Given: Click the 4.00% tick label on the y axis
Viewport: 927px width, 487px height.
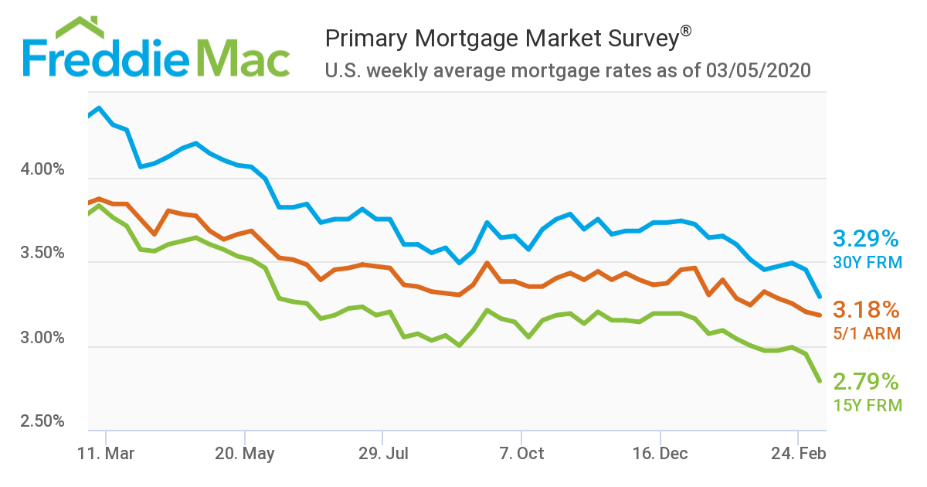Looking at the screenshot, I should [x=39, y=169].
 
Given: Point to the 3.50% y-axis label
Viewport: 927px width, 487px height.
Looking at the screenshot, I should [x=39, y=254].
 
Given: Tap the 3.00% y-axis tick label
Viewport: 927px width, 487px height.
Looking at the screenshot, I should [x=39, y=338].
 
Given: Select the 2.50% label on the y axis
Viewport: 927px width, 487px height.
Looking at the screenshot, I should [x=39, y=422].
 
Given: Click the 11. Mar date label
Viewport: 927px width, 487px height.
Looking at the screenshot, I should [x=106, y=454].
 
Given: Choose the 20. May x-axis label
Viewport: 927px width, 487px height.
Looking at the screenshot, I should [x=245, y=454].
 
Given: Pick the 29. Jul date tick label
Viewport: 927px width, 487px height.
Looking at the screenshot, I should [x=383, y=454].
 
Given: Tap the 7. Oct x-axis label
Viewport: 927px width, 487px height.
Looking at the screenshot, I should [x=521, y=454].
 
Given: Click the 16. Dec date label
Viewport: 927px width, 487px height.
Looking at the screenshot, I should [x=660, y=454].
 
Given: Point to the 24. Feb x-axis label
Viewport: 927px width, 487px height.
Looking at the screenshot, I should [x=799, y=454].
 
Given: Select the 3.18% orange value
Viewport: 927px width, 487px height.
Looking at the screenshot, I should [x=866, y=311].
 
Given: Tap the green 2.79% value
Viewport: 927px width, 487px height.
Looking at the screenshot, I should [x=866, y=381].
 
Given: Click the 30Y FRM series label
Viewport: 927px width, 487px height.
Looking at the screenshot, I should [x=868, y=263].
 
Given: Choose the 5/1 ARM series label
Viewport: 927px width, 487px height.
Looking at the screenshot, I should [x=868, y=334].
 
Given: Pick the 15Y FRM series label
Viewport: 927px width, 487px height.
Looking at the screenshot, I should [x=868, y=405].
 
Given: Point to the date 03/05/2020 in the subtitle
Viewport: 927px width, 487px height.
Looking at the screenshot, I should [x=758, y=71].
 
